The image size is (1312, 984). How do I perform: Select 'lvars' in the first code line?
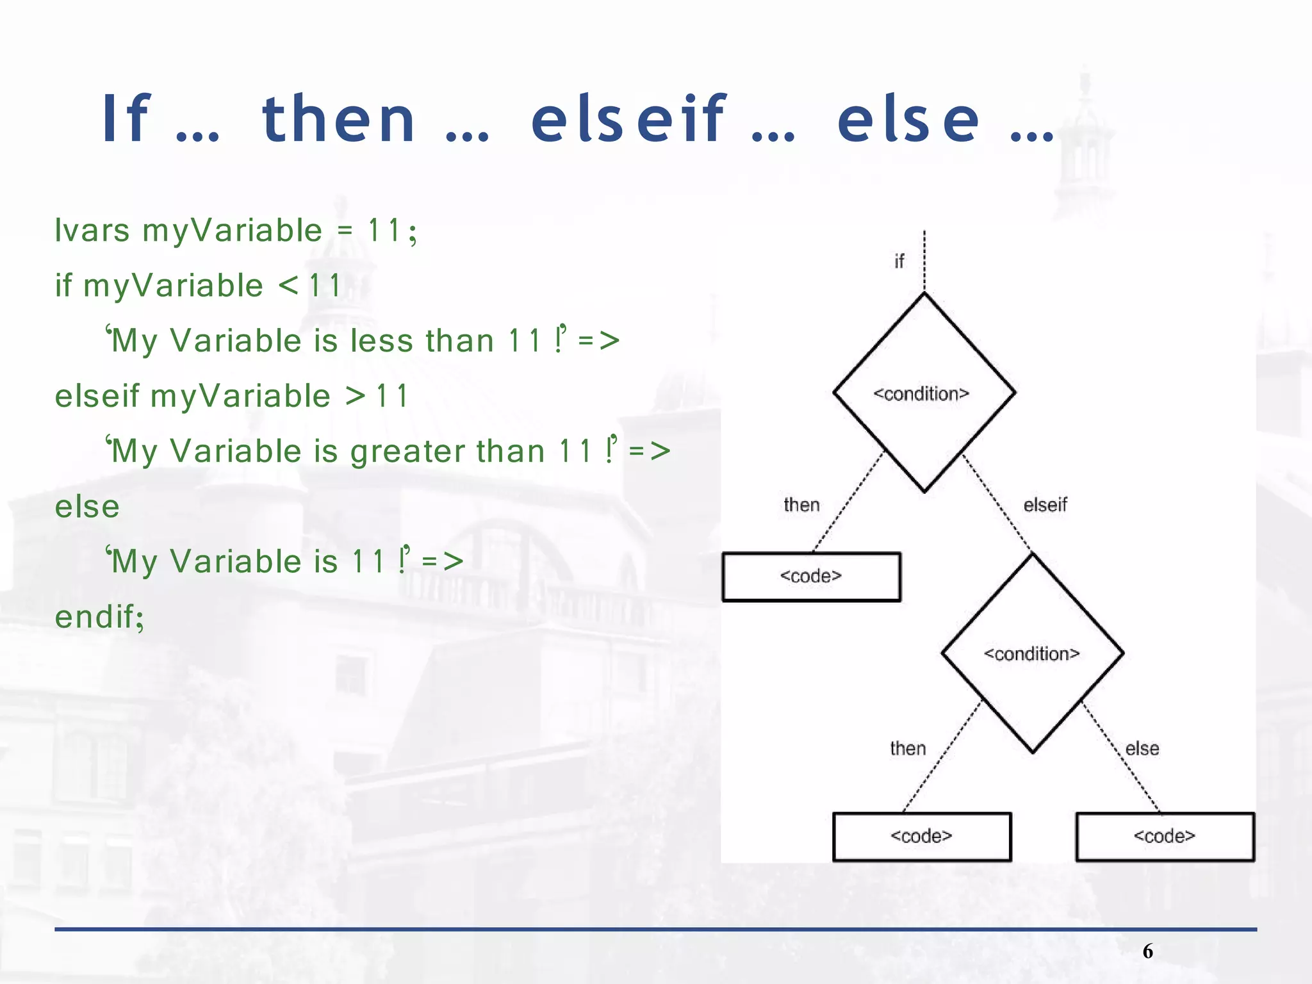(92, 231)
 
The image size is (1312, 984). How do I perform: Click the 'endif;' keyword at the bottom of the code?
(100, 618)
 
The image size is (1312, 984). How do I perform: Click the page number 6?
(1147, 951)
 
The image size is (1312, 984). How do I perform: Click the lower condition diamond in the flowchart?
(1032, 653)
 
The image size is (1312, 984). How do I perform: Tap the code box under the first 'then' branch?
(811, 577)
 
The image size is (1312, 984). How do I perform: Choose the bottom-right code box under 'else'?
(1165, 837)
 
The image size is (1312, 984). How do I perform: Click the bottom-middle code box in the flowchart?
(922, 837)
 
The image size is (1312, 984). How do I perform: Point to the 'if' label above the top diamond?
(899, 261)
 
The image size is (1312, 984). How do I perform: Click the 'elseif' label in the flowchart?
(1045, 505)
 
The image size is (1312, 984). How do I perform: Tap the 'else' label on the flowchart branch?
(1142, 749)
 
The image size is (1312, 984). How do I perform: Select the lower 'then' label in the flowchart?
(908, 749)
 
